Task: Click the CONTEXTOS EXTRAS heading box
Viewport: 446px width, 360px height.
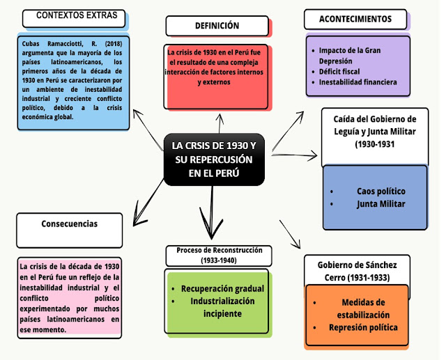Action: [x=76, y=17]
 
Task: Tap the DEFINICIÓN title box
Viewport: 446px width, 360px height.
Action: [x=217, y=26]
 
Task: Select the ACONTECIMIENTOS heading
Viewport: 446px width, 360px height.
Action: [x=355, y=19]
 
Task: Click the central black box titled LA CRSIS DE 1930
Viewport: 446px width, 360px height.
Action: [x=214, y=159]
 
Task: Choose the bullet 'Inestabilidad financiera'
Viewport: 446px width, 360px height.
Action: [x=358, y=82]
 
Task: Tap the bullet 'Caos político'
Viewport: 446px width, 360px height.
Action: [x=380, y=191]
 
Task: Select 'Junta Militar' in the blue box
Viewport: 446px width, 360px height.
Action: [x=380, y=204]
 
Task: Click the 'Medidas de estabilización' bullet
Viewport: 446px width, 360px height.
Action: [x=359, y=308]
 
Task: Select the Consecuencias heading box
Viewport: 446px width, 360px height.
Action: [x=70, y=224]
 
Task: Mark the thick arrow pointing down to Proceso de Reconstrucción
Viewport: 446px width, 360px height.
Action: [x=210, y=216]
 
